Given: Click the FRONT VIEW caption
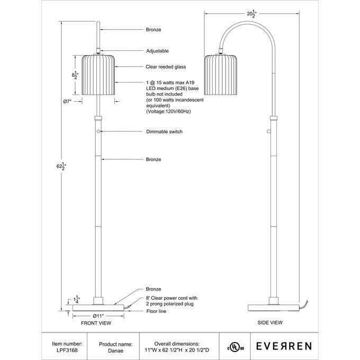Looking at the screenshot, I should pos(96,322).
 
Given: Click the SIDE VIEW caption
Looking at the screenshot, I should pos(271,322).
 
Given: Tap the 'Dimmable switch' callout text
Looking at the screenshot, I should pos(164,131).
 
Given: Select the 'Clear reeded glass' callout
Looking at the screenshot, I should pos(166,67).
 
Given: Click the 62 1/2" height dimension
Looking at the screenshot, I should pos(62,167).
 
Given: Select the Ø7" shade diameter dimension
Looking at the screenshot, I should pos(67,101).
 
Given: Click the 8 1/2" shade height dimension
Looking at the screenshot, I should pos(75,76).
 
